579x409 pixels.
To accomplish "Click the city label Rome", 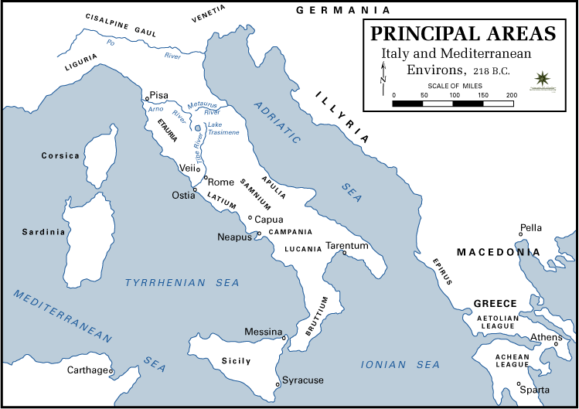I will click(221, 182).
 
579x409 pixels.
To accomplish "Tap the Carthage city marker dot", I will click(111, 371).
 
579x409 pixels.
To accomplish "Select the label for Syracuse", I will click(303, 380).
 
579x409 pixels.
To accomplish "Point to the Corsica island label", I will click(60, 155).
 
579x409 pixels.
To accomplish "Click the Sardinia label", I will click(43, 232).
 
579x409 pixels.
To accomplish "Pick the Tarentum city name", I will click(346, 245).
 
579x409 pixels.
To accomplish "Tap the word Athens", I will click(546, 337).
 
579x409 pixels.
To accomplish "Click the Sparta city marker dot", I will click(519, 384).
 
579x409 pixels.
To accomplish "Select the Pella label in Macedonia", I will click(531, 227).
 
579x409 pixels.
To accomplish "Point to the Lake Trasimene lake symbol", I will click(198, 128).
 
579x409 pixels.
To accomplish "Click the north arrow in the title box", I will click(382, 76).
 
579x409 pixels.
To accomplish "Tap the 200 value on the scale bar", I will click(511, 94).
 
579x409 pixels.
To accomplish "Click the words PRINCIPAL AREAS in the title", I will click(463, 34).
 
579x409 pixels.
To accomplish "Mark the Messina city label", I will click(263, 332).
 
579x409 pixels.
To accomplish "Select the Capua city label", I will click(269, 219).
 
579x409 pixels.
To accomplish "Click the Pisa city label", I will click(158, 95).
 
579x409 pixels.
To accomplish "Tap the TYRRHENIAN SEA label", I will click(182, 283).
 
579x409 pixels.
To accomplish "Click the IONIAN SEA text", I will click(400, 364).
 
